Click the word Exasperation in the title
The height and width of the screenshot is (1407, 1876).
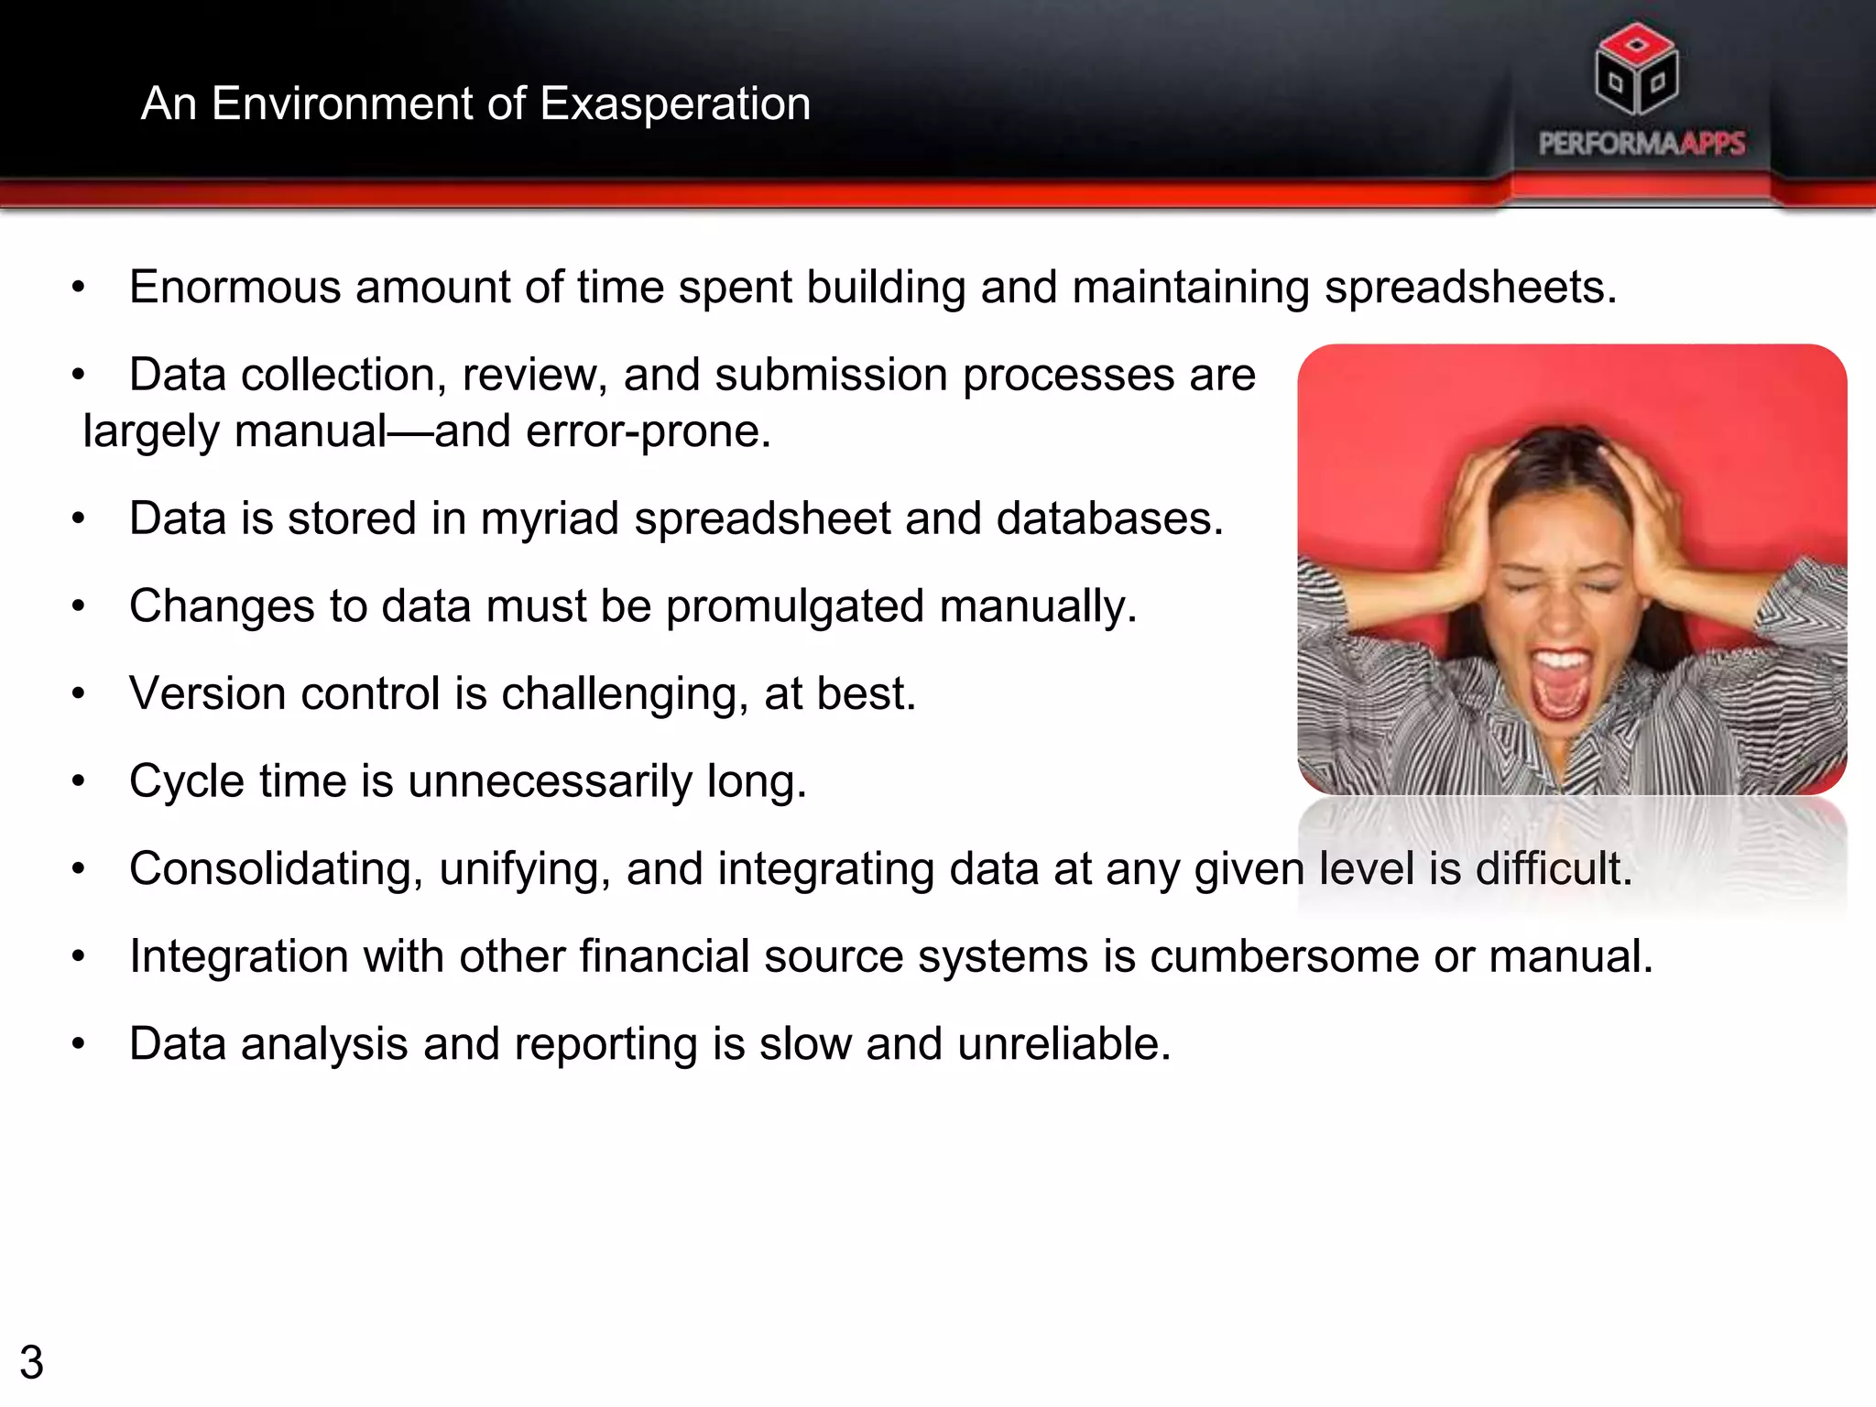(675, 104)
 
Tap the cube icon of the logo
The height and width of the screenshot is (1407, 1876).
(1636, 70)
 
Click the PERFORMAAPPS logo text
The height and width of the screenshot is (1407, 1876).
(1641, 144)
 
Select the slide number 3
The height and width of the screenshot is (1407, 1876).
(31, 1362)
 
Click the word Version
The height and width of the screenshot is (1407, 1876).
(207, 693)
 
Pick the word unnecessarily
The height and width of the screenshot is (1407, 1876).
(550, 782)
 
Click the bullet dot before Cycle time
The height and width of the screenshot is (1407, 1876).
(79, 781)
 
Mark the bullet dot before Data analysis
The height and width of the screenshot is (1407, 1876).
(79, 1044)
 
